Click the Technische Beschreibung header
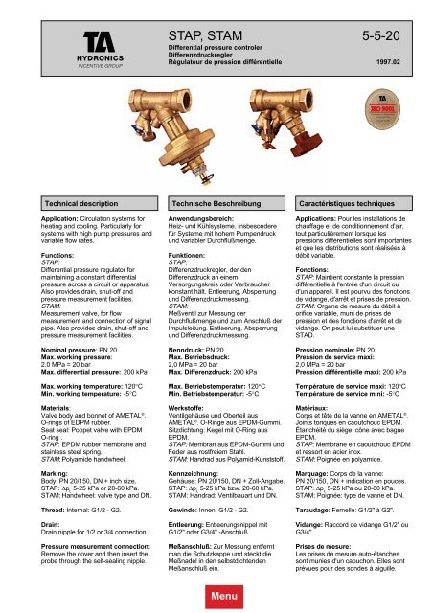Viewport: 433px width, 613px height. click(217, 206)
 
